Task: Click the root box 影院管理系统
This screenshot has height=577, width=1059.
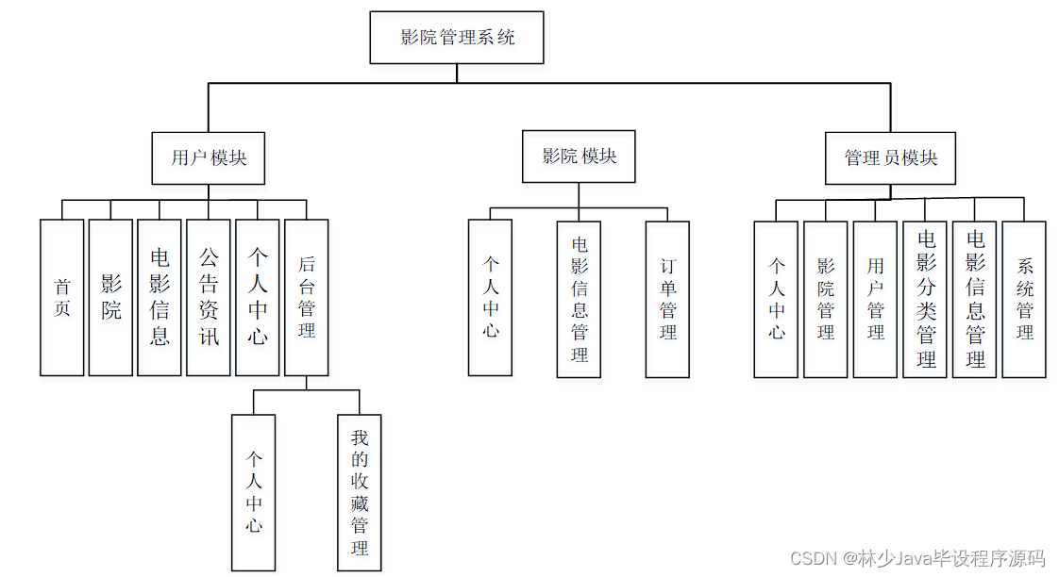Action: click(457, 38)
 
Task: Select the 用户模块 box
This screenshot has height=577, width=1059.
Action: click(209, 157)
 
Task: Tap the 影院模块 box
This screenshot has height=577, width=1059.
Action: click(579, 157)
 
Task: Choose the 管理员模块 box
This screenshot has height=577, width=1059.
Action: click(890, 157)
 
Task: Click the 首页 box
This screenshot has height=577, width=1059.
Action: click(62, 297)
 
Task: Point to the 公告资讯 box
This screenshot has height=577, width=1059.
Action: click(209, 297)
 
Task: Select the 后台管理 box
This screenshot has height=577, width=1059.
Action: click(307, 297)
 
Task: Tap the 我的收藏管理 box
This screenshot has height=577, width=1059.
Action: click(360, 492)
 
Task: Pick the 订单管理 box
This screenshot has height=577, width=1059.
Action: click(667, 299)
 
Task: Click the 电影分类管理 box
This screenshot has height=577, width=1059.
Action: click(925, 299)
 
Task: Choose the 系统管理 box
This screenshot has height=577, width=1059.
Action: click(1024, 299)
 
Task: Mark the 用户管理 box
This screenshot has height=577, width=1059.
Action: click(876, 299)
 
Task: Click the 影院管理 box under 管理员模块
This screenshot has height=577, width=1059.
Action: click(826, 299)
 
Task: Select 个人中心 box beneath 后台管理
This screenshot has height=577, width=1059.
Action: click(254, 492)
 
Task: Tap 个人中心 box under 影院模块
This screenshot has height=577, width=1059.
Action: click(491, 297)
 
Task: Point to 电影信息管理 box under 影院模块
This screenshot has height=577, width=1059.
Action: click(579, 299)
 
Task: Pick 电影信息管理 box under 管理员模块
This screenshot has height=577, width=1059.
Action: click(974, 299)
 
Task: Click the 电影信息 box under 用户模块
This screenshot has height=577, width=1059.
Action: click(160, 297)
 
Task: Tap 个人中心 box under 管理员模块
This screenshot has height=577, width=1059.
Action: click(776, 299)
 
